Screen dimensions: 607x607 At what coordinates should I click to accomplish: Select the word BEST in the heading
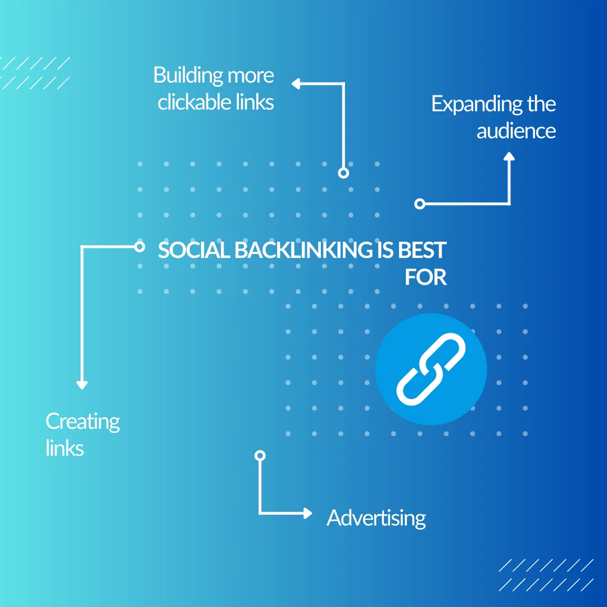(422, 251)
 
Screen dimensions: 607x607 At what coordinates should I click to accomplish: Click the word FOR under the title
(425, 278)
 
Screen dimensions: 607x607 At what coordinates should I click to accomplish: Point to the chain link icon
(431, 369)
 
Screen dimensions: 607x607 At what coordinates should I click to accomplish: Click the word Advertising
(376, 518)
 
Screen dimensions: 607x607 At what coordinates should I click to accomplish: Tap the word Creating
(83, 422)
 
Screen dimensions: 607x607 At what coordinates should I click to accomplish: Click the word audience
(516, 131)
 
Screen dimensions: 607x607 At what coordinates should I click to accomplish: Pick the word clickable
(194, 102)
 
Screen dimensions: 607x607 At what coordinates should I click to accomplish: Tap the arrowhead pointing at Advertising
(307, 513)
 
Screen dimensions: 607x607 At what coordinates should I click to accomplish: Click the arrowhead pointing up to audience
(509, 157)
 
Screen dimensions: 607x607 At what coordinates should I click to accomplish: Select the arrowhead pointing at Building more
(296, 84)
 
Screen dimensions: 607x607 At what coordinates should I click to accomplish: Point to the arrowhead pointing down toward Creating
(82, 385)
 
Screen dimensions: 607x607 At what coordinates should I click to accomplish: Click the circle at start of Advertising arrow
(260, 455)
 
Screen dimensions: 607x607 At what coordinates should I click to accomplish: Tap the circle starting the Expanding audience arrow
(419, 204)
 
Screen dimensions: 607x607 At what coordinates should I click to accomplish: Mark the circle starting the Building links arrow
(343, 173)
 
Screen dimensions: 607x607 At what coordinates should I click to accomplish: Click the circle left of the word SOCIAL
(140, 246)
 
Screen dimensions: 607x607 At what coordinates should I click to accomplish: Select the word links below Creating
(65, 449)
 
